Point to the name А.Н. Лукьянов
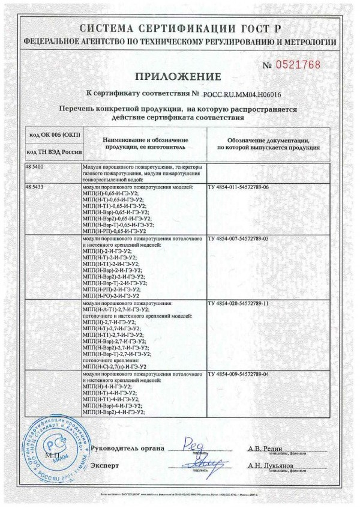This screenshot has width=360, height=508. coord(271,465)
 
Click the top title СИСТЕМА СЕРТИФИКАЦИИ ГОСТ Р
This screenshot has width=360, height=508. coord(179,29)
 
